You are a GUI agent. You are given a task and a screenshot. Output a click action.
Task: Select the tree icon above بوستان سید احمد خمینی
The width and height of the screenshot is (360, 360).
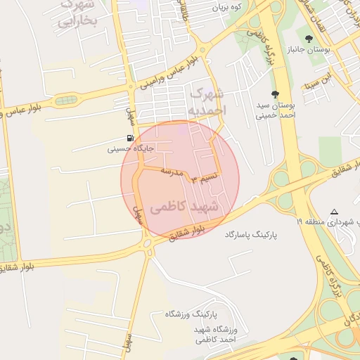(274, 94)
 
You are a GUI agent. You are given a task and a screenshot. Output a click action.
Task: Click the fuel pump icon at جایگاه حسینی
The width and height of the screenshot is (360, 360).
(130, 138)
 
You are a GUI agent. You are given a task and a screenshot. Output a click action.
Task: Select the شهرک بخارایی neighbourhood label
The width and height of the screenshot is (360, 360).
(73, 14)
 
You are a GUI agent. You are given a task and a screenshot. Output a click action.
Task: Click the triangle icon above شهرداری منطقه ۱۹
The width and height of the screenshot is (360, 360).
(334, 211)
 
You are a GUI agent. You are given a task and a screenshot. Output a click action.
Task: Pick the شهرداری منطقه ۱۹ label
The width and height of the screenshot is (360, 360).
(330, 221)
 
